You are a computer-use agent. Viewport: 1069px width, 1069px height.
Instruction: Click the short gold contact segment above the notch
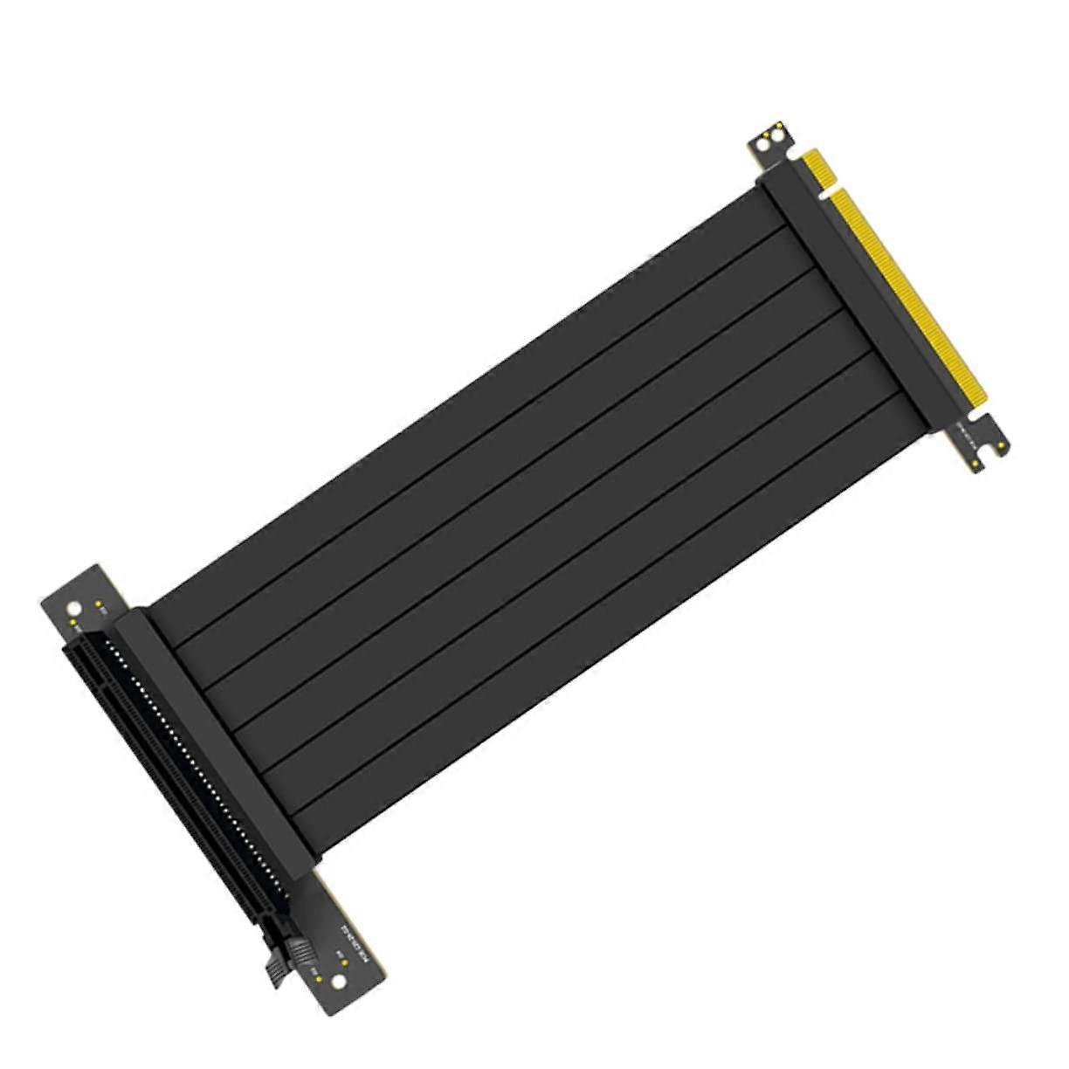(820, 167)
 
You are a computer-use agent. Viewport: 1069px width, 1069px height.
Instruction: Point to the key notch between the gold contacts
(829, 186)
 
